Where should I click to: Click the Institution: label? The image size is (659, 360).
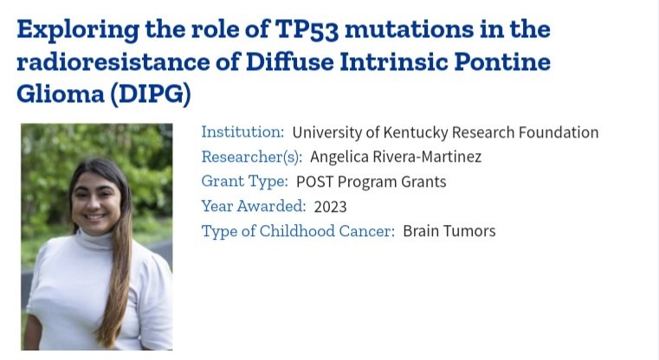point(242,132)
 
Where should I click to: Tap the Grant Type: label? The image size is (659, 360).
point(244,182)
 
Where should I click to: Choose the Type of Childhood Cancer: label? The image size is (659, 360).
point(298,231)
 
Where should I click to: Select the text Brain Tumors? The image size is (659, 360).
point(449,231)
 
